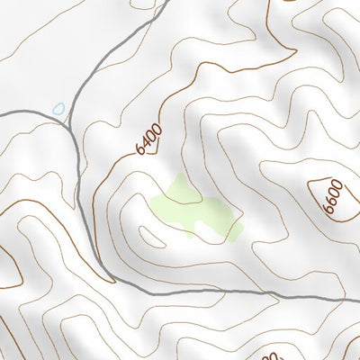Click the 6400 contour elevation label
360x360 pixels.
(x=149, y=139)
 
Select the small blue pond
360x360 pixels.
(x=59, y=108)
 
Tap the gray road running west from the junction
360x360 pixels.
(x=27, y=112)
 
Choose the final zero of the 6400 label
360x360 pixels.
(x=157, y=128)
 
